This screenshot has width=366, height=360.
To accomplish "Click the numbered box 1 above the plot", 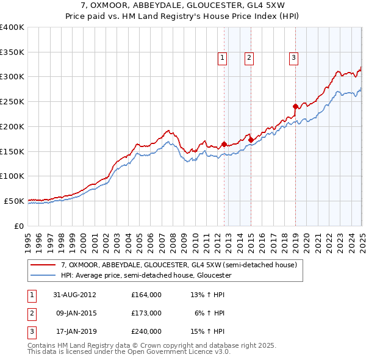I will click(x=221, y=58).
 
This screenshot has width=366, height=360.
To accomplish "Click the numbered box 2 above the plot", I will click(x=249, y=58).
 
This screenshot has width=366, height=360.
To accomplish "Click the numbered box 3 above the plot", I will click(x=293, y=58).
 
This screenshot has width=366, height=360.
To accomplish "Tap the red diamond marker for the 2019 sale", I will click(x=295, y=106).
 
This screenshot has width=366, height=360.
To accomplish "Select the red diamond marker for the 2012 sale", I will click(x=224, y=145).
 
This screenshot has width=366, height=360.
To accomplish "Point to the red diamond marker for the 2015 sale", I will click(x=251, y=140).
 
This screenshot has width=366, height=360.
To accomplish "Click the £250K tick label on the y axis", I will click(x=12, y=102).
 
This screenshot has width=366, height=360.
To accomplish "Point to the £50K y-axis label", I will click(x=15, y=201).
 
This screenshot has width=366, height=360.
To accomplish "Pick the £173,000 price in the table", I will click(x=146, y=313).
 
